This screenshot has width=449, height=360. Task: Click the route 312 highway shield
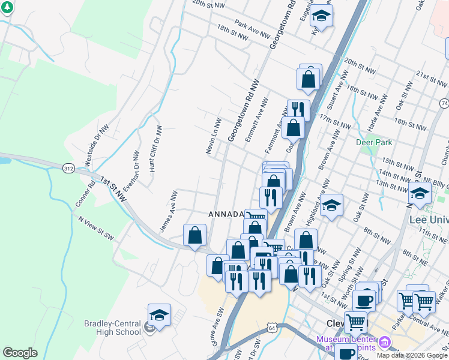point(68,169)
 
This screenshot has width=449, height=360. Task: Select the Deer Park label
point(373,143)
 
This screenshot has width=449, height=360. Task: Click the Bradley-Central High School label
point(112,328)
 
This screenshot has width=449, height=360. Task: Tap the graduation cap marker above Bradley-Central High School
point(159,314)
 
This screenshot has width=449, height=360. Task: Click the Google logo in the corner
point(20,353)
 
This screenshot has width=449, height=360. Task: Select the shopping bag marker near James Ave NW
point(195,236)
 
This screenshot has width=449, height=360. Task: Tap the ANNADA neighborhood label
point(226,214)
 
